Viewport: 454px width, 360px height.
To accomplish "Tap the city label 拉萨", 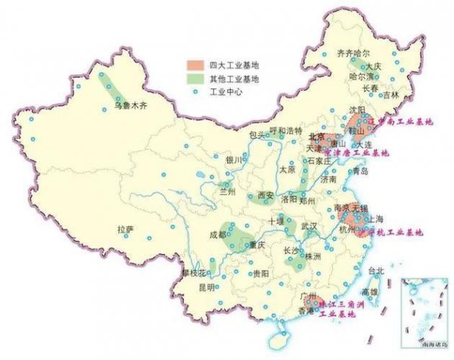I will (125, 228).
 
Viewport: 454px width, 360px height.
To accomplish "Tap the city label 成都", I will (218, 235).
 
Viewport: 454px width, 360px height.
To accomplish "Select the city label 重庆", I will (258, 245).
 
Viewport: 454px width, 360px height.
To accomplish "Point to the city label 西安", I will (266, 194).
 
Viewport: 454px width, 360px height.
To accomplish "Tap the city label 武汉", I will (309, 227).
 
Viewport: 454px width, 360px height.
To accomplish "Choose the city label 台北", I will (376, 270).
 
